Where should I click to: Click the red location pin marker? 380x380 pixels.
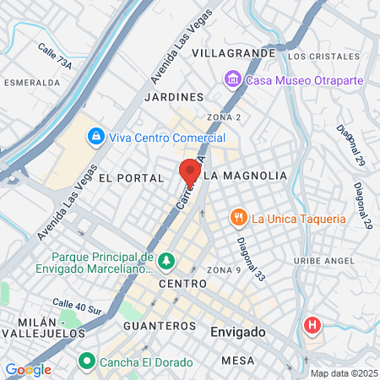(190, 172)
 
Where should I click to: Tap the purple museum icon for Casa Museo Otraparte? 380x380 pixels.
(232, 79)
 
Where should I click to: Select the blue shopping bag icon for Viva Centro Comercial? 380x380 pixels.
(97, 136)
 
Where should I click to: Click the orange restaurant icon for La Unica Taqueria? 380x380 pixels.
(240, 218)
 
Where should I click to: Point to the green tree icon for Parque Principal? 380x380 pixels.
(166, 259)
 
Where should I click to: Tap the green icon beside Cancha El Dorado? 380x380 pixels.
(85, 362)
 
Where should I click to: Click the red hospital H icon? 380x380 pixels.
(313, 325)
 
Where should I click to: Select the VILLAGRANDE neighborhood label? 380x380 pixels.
(234, 53)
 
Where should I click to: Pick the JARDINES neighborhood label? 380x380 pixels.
(175, 97)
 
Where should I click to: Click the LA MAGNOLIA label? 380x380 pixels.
(245, 176)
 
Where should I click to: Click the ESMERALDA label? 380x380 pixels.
(32, 84)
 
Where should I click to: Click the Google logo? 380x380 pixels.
(28, 369)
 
